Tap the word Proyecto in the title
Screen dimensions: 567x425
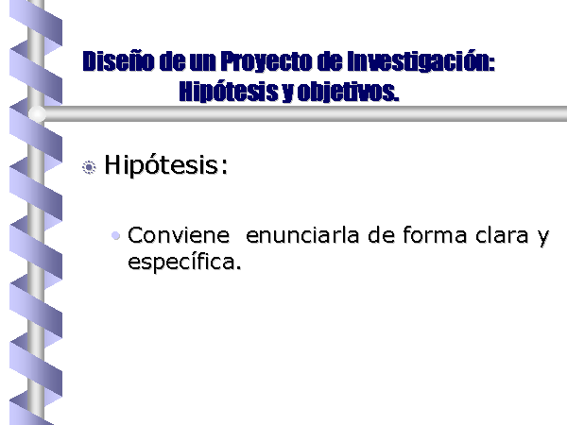click(x=266, y=62)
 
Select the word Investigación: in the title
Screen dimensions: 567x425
click(x=421, y=62)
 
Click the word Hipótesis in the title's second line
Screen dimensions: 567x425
click(x=229, y=92)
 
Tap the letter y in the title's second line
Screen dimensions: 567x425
click(x=287, y=94)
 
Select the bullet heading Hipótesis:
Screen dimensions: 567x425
click(x=166, y=166)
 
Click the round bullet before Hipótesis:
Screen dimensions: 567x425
click(x=89, y=167)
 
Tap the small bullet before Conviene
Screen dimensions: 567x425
click(x=115, y=235)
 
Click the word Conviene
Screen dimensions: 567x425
click(x=179, y=235)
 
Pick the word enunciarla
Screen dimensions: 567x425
click(x=302, y=235)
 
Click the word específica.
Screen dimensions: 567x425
click(x=184, y=263)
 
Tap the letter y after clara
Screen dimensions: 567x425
click(x=543, y=239)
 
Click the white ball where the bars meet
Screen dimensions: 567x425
click(x=37, y=114)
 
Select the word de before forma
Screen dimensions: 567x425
click(x=381, y=235)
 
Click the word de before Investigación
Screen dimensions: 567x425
click(x=330, y=61)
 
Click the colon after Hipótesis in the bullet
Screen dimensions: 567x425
click(x=225, y=167)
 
